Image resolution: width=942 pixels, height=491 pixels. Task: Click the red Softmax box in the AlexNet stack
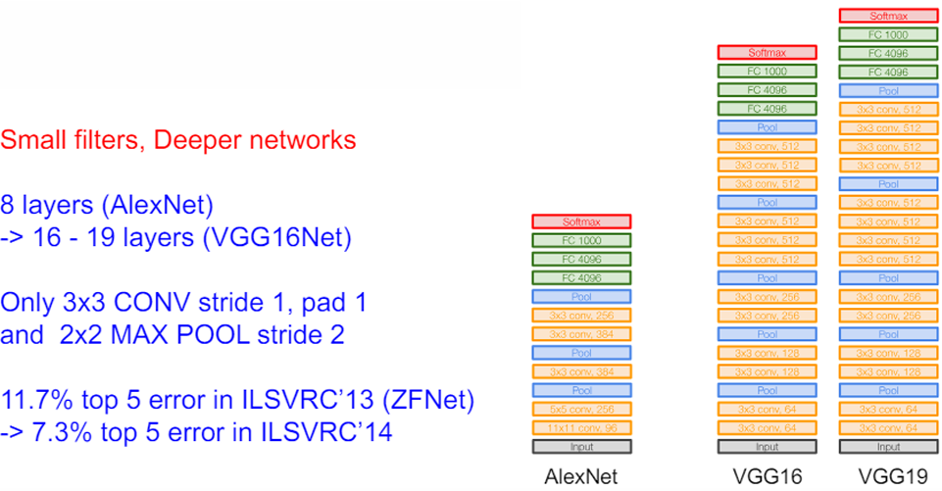click(580, 221)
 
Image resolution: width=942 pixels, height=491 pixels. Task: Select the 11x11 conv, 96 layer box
click(580, 427)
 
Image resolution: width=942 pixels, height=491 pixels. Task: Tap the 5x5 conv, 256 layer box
click(580, 409)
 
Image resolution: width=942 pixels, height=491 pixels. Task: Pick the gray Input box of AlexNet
click(580, 447)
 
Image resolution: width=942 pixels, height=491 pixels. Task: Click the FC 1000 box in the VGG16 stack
click(767, 71)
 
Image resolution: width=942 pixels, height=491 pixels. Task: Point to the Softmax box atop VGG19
click(888, 15)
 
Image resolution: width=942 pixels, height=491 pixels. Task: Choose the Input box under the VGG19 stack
click(888, 447)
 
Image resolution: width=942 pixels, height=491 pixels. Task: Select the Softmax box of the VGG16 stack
click(767, 52)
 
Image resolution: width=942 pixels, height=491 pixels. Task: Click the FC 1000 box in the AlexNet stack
click(580, 240)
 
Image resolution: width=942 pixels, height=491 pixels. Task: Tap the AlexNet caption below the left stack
click(580, 475)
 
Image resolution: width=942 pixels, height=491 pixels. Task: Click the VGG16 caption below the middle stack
click(767, 475)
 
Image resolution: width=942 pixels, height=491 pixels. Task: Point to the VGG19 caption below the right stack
click(888, 475)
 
